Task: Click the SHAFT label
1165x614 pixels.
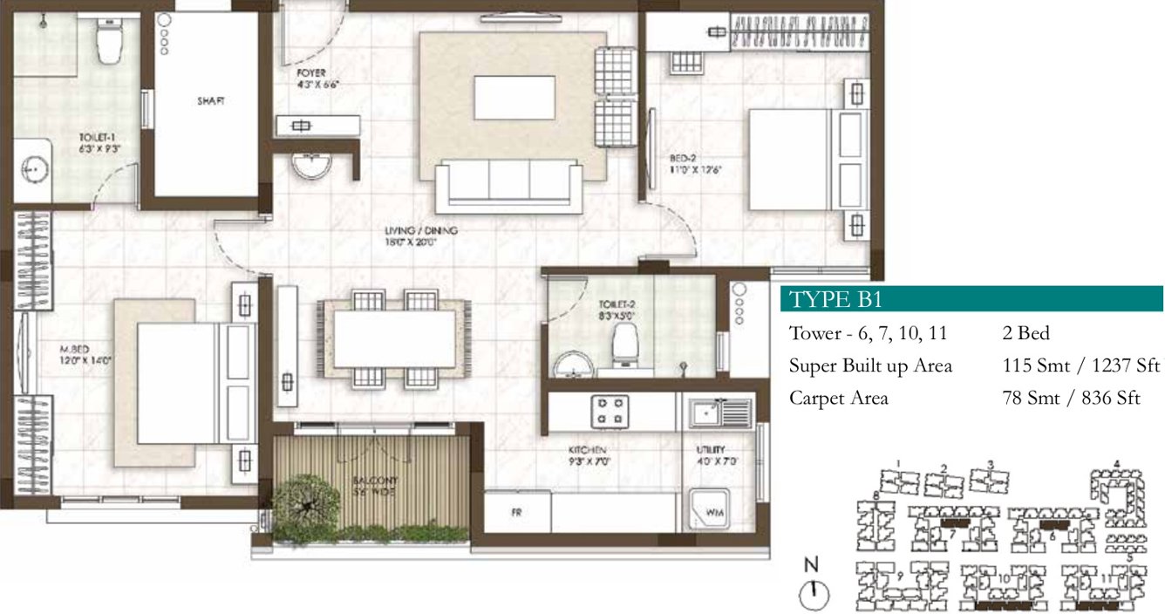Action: pyautogui.click(x=210, y=101)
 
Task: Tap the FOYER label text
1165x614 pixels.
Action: pyautogui.click(x=311, y=72)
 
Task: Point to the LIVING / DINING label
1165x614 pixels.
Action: pyautogui.click(x=421, y=231)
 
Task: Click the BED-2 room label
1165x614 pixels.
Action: pyautogui.click(x=683, y=159)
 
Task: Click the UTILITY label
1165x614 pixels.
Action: pyautogui.click(x=709, y=450)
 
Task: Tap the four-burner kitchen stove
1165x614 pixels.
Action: pyautogui.click(x=611, y=412)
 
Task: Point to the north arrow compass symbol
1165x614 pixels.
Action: pyautogui.click(x=813, y=596)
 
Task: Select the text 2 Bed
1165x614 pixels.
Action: pyautogui.click(x=1025, y=333)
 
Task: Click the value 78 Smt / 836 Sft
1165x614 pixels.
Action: pyautogui.click(x=1072, y=398)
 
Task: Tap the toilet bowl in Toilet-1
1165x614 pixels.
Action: pyautogui.click(x=109, y=44)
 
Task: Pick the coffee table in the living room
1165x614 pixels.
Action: pyautogui.click(x=514, y=98)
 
